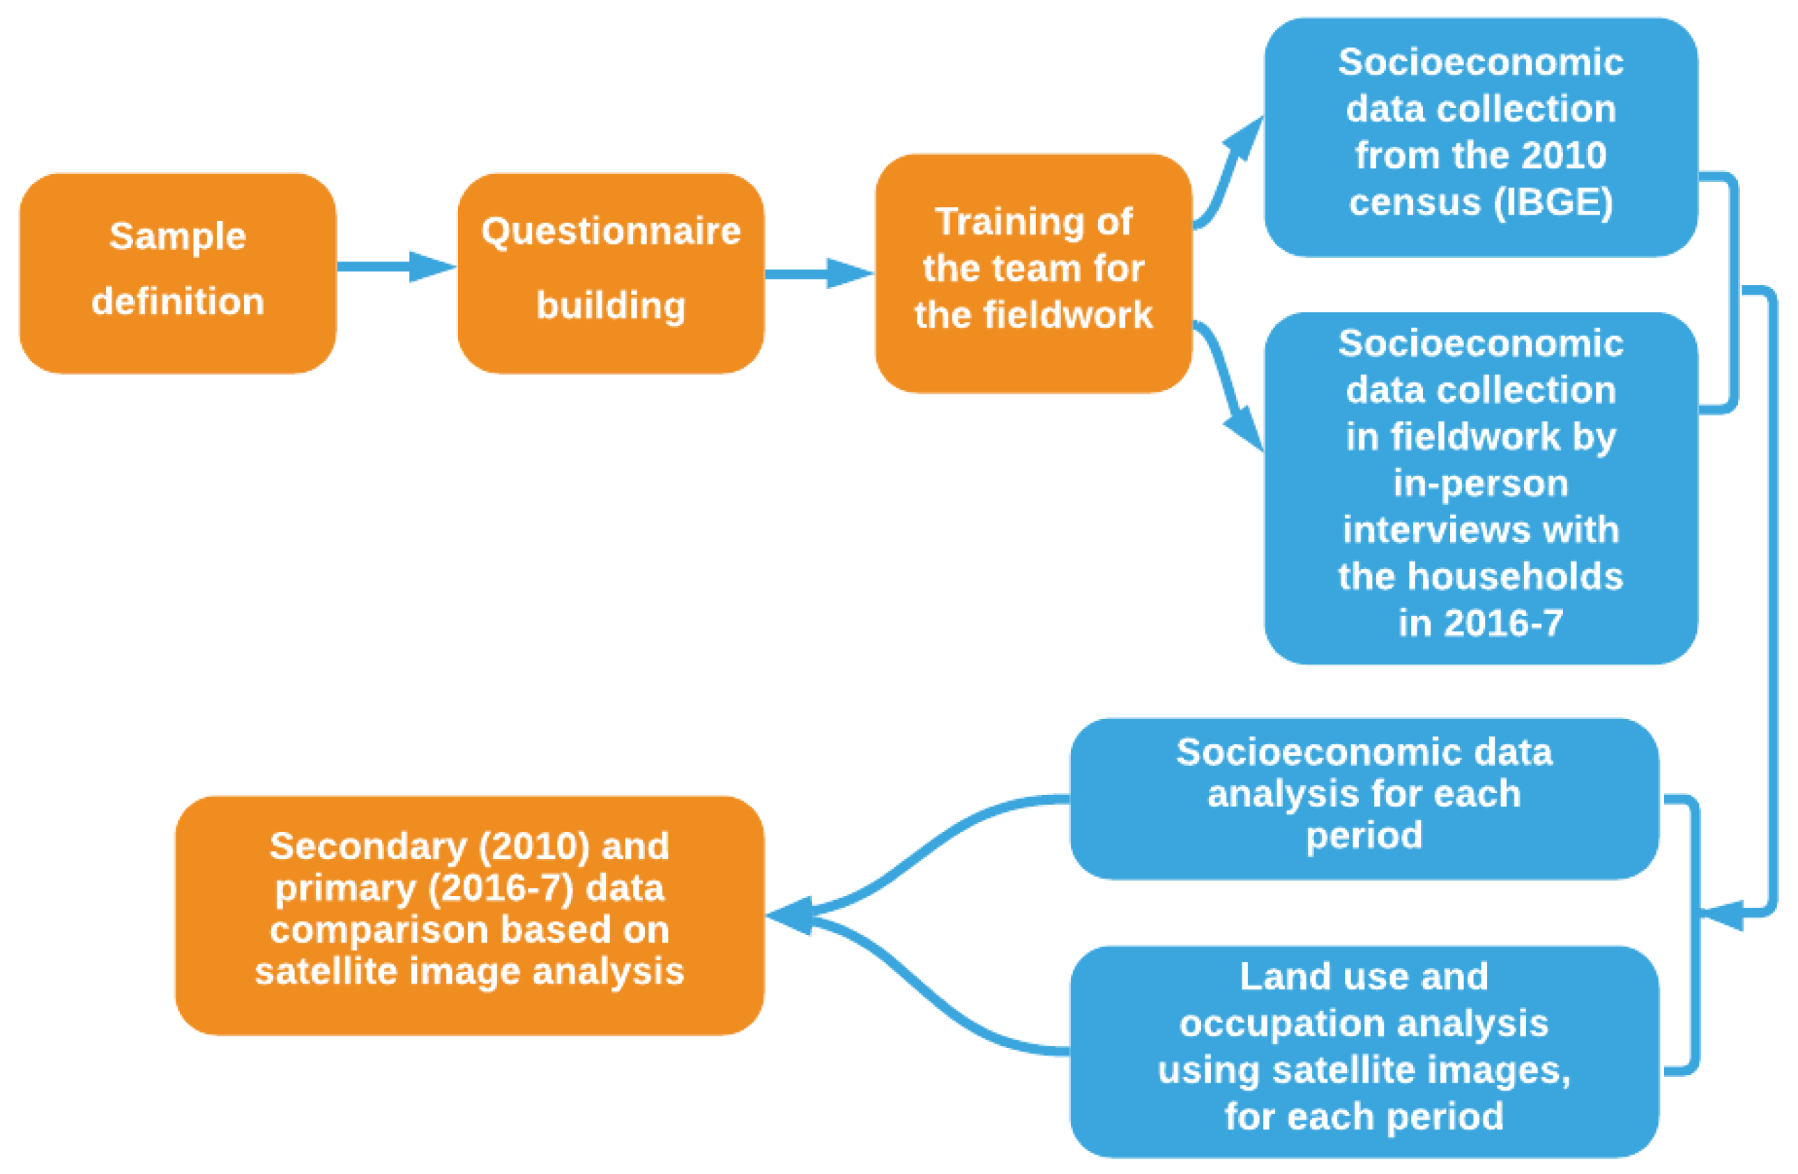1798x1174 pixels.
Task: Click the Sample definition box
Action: tap(178, 273)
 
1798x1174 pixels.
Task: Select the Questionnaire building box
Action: tap(611, 273)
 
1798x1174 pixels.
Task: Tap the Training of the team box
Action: tap(1033, 273)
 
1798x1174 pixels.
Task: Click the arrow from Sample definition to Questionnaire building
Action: tap(396, 267)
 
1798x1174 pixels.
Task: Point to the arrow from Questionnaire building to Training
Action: tap(819, 273)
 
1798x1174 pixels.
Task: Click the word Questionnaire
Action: tap(611, 231)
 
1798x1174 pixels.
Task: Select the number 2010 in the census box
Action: tap(1563, 155)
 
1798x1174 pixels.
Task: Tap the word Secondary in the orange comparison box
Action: tap(369, 847)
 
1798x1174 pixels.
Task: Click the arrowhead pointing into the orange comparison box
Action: tap(789, 916)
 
